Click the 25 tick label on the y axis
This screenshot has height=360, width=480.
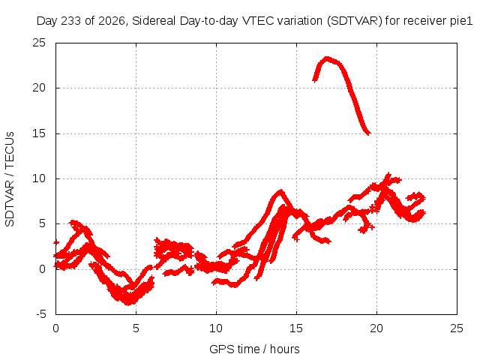click(x=39, y=43)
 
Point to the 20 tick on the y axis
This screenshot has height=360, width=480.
click(x=39, y=88)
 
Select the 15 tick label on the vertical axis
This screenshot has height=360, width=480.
click(x=39, y=133)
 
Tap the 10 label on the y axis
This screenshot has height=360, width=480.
click(x=39, y=178)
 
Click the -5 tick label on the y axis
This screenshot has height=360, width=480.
click(x=40, y=314)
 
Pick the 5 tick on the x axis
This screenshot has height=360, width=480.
click(x=136, y=328)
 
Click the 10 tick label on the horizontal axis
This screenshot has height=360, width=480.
click(x=216, y=328)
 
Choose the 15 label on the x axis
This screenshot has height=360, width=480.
click(x=296, y=328)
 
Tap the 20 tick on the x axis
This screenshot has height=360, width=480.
click(x=376, y=328)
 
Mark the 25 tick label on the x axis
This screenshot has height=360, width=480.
click(x=457, y=328)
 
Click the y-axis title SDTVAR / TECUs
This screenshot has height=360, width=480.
click(x=10, y=179)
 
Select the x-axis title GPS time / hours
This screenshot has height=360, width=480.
click(x=254, y=349)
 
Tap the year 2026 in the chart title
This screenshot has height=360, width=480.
click(x=112, y=22)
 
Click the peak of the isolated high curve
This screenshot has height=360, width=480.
click(x=327, y=58)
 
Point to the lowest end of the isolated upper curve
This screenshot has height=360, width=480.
click(x=370, y=133)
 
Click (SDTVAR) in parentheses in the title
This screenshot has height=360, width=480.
click(x=355, y=21)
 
